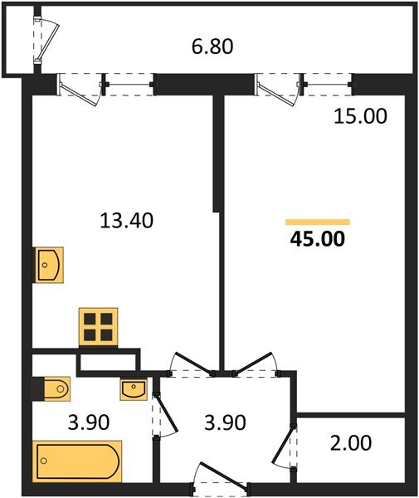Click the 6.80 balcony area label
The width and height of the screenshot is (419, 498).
[212, 46]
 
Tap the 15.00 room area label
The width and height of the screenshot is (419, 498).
[360, 117]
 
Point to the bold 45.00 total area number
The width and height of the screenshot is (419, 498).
[317, 240]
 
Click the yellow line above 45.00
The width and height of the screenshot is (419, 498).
[317, 222]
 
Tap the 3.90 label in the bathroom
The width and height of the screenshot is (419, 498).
[87, 422]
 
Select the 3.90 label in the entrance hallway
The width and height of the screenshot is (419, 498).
[224, 422]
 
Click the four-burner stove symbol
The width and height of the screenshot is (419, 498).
[98, 326]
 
